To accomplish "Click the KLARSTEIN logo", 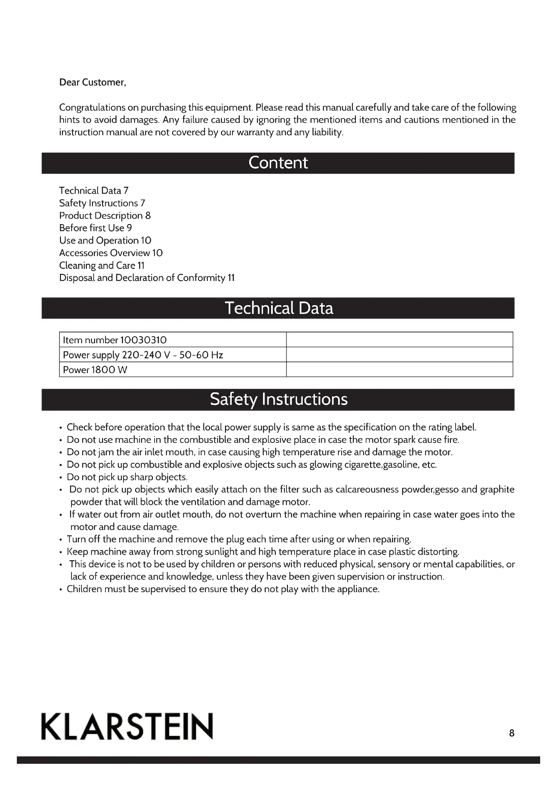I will tap(127, 726).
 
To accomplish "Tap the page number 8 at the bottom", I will tap(512, 733).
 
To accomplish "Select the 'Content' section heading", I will tap(278, 163).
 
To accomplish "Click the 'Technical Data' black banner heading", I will tap(278, 308).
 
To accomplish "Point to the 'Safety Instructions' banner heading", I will tap(278, 399).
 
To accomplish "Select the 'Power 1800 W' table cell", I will tap(95, 369).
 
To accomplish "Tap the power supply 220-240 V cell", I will tap(143, 355).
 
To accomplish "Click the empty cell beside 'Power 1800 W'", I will tap(399, 369).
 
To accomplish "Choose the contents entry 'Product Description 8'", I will tap(105, 215).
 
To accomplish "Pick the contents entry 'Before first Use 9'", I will tap(95, 228).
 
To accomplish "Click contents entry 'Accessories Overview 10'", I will tap(111, 253).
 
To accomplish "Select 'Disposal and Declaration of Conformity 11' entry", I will tap(147, 278).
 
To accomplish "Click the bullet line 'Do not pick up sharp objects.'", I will tap(127, 477).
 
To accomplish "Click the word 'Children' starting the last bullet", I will tap(84, 589).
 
